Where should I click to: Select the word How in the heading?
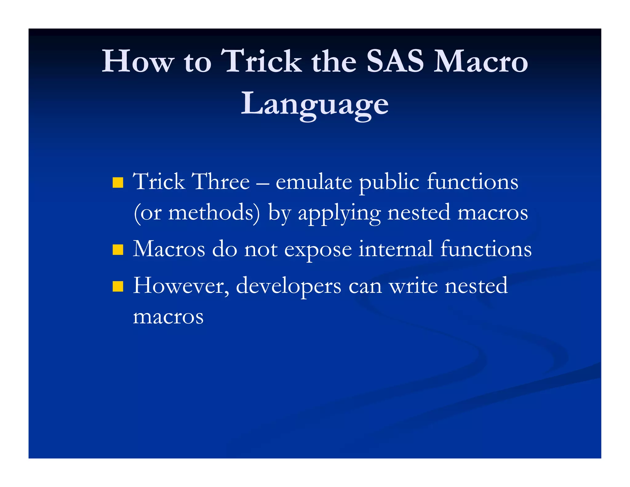138,61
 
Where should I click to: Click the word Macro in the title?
480,61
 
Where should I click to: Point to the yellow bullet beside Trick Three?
118,183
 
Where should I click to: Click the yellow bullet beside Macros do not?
118,250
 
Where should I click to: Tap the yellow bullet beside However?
118,286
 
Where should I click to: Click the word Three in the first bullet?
220,182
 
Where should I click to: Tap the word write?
413,286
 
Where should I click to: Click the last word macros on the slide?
168,317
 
